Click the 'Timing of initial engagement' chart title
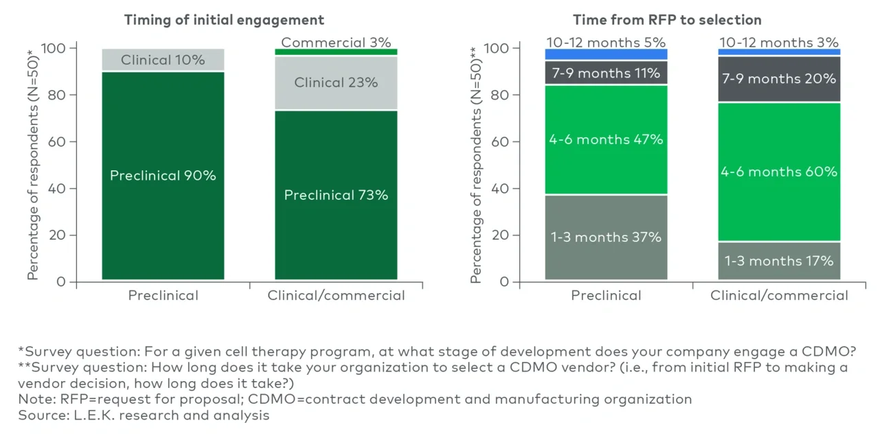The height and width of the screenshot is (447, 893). coord(224,20)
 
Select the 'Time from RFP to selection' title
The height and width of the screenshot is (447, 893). coord(667,20)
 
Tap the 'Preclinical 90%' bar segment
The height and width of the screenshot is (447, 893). coord(163,176)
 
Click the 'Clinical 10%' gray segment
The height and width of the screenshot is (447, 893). coord(163,60)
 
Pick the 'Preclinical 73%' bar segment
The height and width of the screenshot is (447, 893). coord(336,196)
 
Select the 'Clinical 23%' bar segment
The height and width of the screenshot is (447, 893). coord(336,82)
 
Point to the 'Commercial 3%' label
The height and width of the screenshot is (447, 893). coord(336,43)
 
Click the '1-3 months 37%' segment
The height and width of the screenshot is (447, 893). coord(606,238)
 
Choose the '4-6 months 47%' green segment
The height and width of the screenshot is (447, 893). coord(606,139)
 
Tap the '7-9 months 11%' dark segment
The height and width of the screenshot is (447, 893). coord(606,73)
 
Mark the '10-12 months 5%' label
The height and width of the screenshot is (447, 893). coord(606,43)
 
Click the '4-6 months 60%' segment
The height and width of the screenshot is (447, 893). coord(779,172)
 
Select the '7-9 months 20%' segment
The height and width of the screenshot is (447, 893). coord(779,79)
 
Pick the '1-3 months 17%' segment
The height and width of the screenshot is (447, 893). coord(779,261)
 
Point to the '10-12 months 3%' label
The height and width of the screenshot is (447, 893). coord(779,43)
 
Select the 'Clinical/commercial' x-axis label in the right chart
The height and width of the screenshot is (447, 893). coord(779,296)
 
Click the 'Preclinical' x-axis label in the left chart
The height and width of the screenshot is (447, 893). coord(163,296)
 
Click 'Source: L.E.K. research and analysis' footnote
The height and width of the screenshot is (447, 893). coord(144,415)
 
